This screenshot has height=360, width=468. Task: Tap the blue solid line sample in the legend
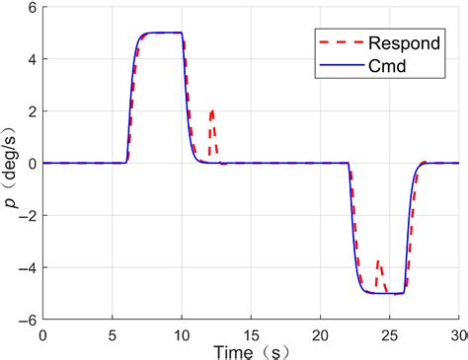(x=326, y=67)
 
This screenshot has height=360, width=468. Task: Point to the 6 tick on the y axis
(x=32, y=8)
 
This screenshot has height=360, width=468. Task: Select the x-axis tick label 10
(x=182, y=334)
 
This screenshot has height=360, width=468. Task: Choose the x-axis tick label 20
(x=321, y=334)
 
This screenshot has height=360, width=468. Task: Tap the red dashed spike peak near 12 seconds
(x=212, y=111)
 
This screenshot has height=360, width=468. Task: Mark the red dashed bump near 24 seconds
(x=379, y=261)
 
